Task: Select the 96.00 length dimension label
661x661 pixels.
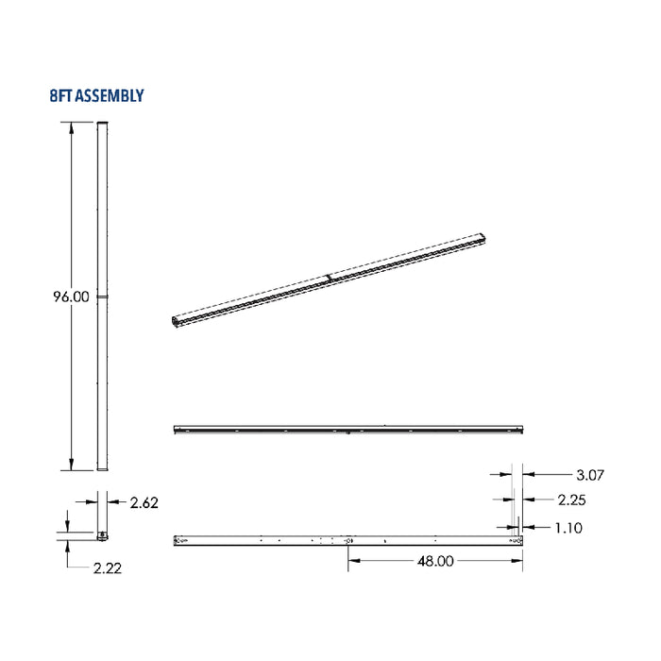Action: coord(71,297)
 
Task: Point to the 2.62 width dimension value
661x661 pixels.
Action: coord(144,502)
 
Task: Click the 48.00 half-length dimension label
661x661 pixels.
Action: coord(434,560)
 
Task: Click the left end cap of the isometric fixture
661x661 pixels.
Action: coord(177,323)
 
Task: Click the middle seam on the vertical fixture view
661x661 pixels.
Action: coord(103,297)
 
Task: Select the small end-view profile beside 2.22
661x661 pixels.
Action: coord(102,535)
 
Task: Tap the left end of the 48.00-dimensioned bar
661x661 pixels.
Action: coord(178,540)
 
